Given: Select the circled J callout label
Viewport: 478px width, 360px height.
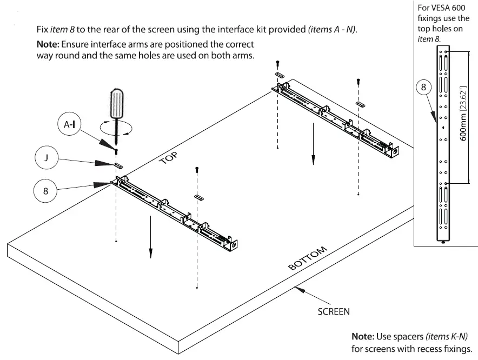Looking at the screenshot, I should pyautogui.click(x=47, y=159).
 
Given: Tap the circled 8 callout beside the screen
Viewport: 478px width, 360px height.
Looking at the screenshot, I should pyautogui.click(x=46, y=191).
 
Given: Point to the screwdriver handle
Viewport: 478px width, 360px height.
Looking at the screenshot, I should pyautogui.click(x=118, y=102).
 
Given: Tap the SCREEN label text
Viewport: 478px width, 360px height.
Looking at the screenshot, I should pyautogui.click(x=333, y=311).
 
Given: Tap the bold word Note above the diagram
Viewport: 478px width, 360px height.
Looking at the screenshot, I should pyautogui.click(x=49, y=44).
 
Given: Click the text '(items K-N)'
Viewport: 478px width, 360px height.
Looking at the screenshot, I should pyautogui.click(x=447, y=336).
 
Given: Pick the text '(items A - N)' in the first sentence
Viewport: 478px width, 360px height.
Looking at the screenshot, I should pyautogui.click(x=332, y=30).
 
